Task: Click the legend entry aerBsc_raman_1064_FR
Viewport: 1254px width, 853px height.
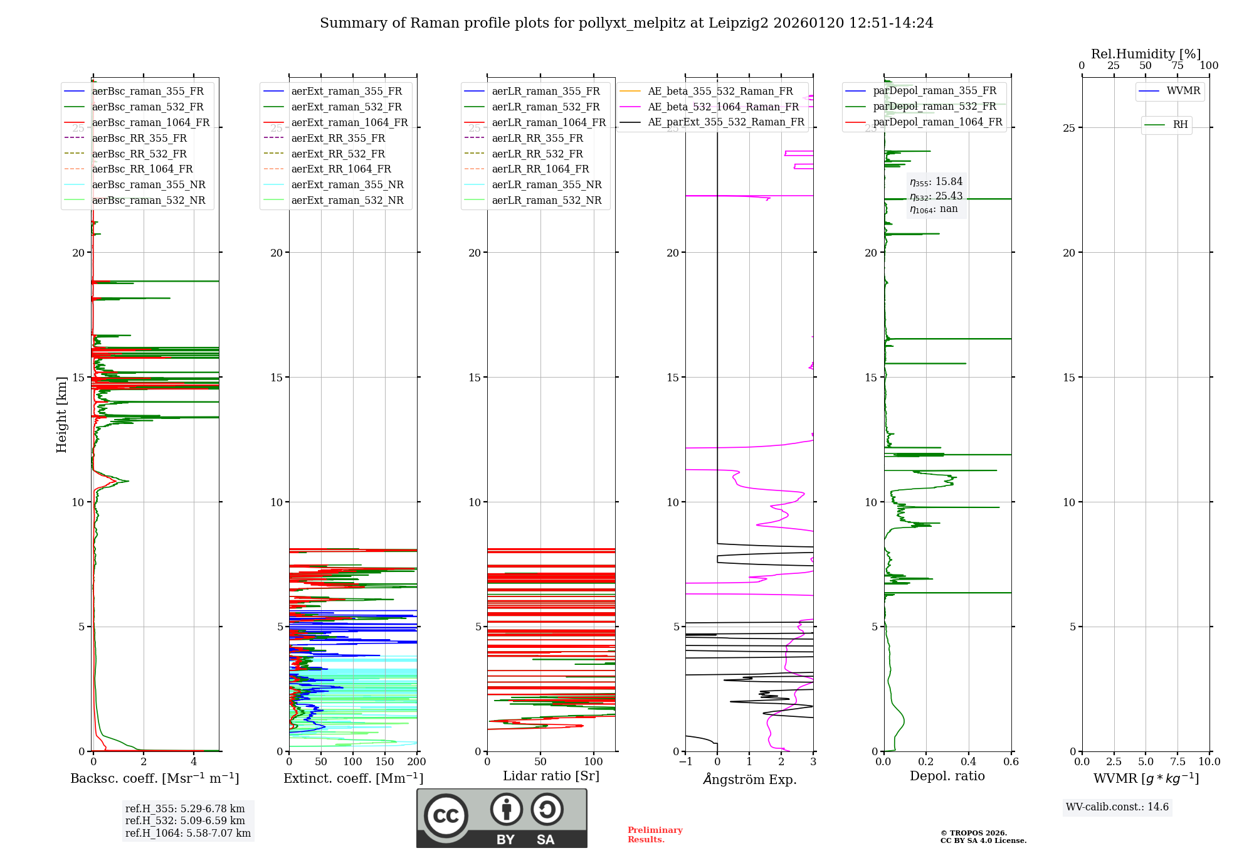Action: (x=150, y=123)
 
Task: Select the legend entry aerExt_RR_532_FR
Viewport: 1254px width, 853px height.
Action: (x=338, y=154)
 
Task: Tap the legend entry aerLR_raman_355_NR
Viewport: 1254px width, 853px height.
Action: (x=546, y=185)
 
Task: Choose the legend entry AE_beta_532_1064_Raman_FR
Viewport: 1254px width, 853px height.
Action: (x=723, y=107)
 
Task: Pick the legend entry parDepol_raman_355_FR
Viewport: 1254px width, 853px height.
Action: (x=934, y=91)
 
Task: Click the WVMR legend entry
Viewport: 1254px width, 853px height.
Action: (x=1183, y=91)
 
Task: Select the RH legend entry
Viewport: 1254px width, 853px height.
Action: (x=1180, y=125)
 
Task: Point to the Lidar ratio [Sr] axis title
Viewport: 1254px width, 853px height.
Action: (x=551, y=776)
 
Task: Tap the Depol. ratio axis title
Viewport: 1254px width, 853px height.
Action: (x=947, y=776)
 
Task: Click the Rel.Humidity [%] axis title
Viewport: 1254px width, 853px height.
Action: (x=1146, y=54)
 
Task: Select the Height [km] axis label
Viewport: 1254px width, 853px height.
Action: (x=61, y=415)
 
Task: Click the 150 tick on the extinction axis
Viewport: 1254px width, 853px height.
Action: (x=384, y=762)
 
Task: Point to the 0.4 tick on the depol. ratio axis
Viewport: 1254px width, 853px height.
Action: (x=968, y=762)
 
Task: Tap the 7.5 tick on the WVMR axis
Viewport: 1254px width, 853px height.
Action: (x=1178, y=762)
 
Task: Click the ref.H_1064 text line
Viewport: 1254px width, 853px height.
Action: (x=187, y=834)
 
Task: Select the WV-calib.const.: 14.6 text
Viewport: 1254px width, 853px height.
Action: (x=1117, y=807)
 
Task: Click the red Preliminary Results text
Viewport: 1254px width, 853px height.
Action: (x=655, y=835)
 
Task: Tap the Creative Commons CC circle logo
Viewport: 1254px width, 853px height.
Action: (x=446, y=816)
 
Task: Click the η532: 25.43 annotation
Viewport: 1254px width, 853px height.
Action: (x=936, y=196)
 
